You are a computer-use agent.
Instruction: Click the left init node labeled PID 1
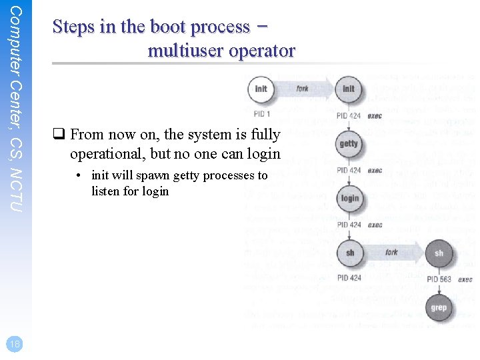(x=261, y=89)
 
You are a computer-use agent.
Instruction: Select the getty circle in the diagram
(x=349, y=144)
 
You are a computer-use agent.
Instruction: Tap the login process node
(x=349, y=199)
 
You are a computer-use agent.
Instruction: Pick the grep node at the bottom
(x=439, y=308)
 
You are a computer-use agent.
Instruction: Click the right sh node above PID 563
(x=439, y=253)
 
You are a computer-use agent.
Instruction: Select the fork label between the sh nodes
(x=392, y=253)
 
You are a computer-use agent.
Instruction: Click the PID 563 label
(x=439, y=279)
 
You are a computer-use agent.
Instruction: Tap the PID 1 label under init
(x=262, y=114)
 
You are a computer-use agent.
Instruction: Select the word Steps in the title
(x=74, y=27)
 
